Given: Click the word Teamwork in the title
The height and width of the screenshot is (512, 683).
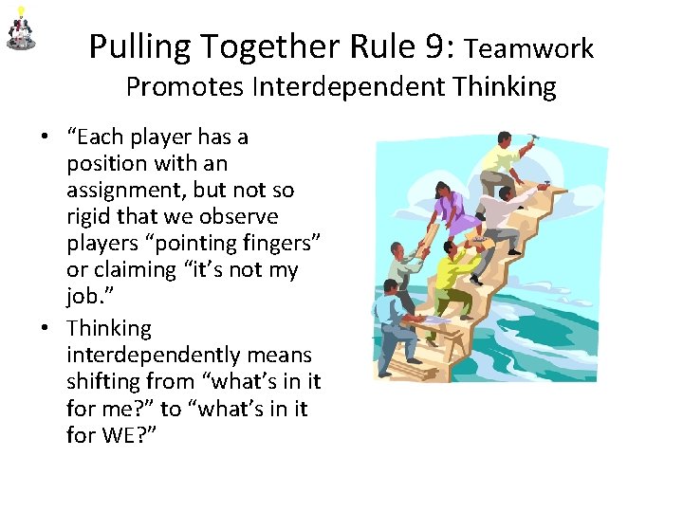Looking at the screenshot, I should [x=530, y=47].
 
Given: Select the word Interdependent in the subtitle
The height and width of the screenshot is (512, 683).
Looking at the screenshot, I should [x=348, y=87].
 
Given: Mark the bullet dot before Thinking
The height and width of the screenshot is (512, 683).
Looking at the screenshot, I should [x=46, y=329].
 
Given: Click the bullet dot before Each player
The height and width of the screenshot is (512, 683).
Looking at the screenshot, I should [x=46, y=137].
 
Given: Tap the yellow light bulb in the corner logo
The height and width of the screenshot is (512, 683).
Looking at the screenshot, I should [x=21, y=10].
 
